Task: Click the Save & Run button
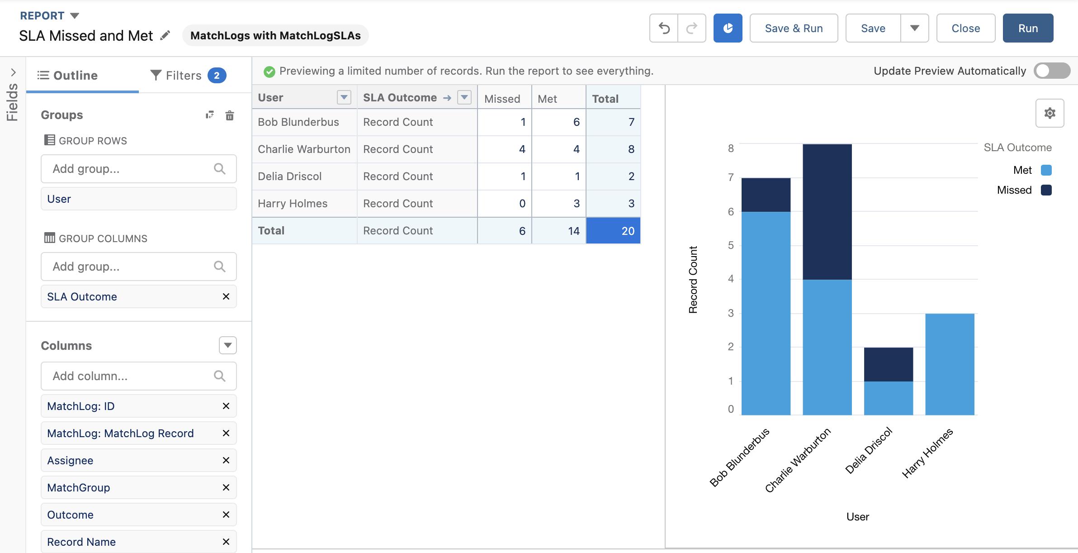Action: tap(794, 28)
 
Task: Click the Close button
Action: tap(966, 28)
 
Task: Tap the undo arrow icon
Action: tap(664, 28)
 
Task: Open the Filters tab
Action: tap(188, 75)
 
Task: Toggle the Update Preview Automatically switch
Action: tap(1052, 71)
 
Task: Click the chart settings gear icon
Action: tap(1050, 113)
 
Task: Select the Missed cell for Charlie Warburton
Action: tap(505, 149)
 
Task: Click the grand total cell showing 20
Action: tap(613, 231)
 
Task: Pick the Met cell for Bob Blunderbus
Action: tap(559, 122)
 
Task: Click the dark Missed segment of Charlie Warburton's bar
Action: tap(827, 212)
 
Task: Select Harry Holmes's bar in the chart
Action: tap(950, 364)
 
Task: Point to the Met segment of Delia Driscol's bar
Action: tap(889, 398)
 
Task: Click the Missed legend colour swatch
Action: tap(1046, 190)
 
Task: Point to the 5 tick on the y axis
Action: tap(731, 245)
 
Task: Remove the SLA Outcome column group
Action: tap(226, 296)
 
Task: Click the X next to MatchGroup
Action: tap(226, 487)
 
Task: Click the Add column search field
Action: tap(139, 376)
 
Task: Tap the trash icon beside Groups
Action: tap(230, 115)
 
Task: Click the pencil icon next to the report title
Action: tap(165, 35)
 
